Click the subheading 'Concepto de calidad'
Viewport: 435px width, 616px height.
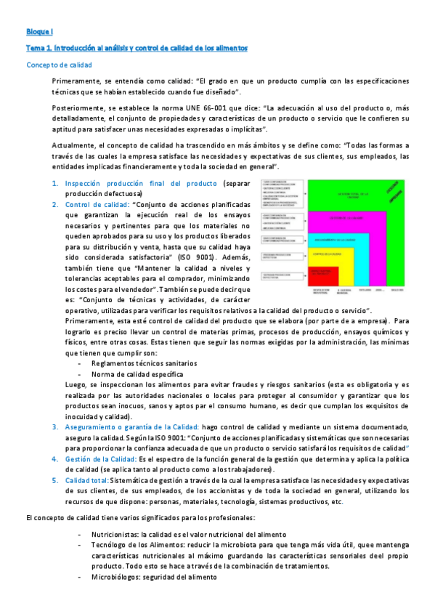coord(57,65)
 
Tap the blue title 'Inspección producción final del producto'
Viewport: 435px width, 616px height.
coord(141,183)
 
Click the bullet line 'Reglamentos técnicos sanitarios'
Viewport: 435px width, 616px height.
coord(144,363)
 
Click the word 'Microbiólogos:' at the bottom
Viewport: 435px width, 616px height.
coord(116,577)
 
